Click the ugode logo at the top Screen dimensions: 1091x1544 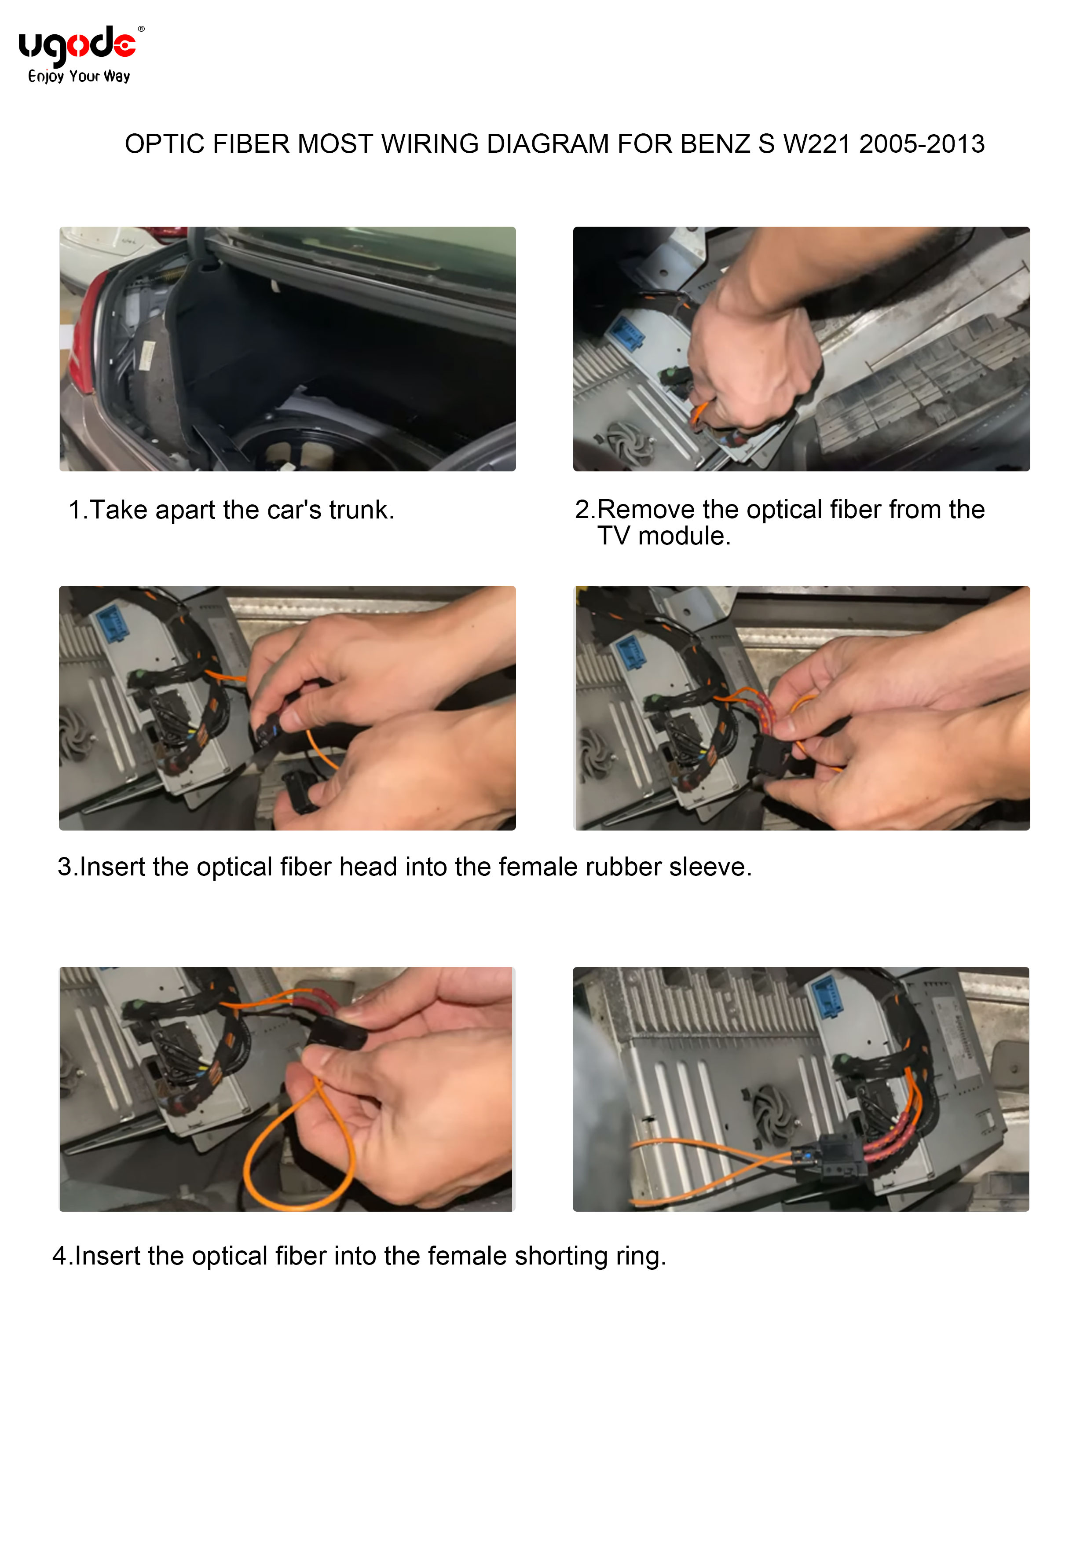(77, 46)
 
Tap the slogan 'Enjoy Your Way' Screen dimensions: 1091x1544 (79, 76)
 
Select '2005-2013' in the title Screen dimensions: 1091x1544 (922, 144)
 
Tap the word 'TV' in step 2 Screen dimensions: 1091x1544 (614, 536)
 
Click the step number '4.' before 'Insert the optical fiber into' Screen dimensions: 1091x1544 (62, 1256)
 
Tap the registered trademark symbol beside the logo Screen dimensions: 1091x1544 (141, 29)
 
